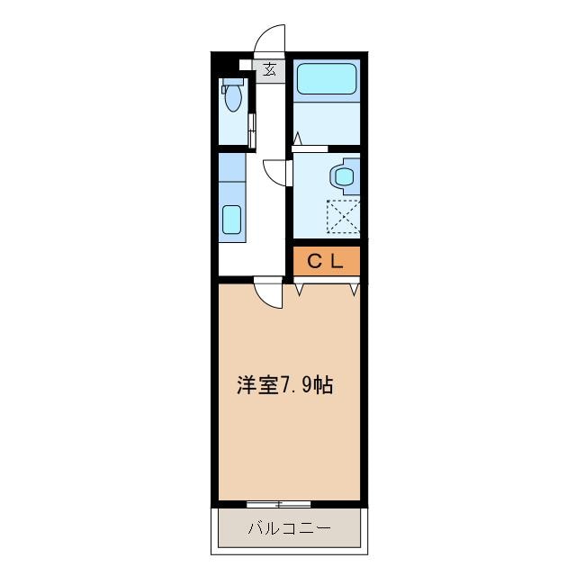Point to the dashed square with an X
point(343,217)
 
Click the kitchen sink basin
point(232,220)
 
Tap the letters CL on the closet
point(327,261)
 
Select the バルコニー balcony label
point(289,527)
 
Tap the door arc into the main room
point(267,292)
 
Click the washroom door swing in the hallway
point(274,171)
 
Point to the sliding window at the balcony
point(279,501)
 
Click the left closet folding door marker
point(299,289)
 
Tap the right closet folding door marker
point(355,289)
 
